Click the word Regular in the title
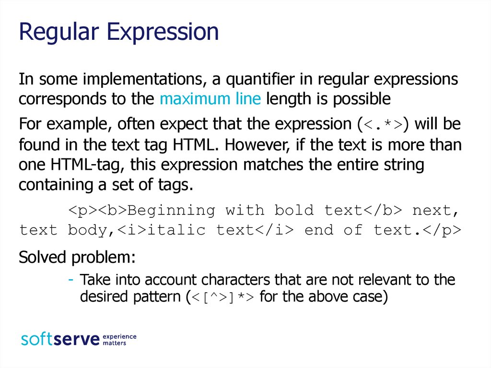coord(59,32)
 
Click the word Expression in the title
coord(163,32)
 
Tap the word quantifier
coord(260,80)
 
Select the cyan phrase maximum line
coord(210,99)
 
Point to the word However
coord(256,145)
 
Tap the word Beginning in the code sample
coord(171,211)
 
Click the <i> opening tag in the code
coord(132,230)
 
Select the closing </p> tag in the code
coord(442,230)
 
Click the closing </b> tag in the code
coord(383,210)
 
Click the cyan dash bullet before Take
coord(71,279)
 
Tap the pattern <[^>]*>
coord(223,297)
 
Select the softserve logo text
coord(60,340)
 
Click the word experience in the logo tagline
coord(119,337)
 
